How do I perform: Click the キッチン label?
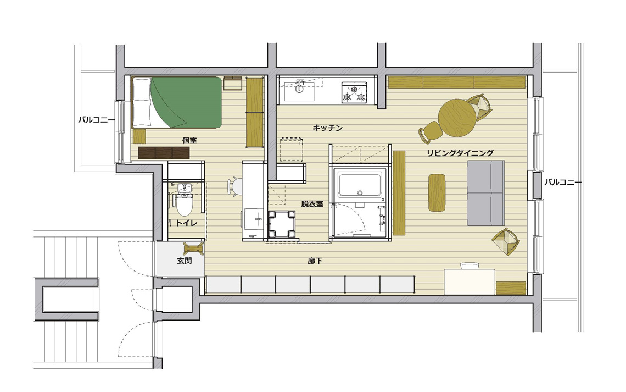click(x=327, y=128)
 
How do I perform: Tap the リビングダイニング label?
click(x=460, y=153)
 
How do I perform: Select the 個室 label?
click(x=189, y=141)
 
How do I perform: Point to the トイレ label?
click(x=187, y=223)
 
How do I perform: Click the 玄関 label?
click(x=185, y=261)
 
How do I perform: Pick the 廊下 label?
click(x=315, y=261)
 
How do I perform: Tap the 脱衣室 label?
click(x=312, y=204)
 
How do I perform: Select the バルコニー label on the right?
click(x=563, y=182)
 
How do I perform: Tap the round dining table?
click(x=457, y=118)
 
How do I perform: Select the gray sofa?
click(x=485, y=193)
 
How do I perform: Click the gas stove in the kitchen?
click(x=354, y=93)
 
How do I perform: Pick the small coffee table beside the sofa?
click(x=437, y=192)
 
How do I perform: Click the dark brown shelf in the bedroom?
click(x=164, y=153)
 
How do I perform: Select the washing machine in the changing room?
click(x=282, y=224)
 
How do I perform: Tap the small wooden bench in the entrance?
click(x=194, y=249)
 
